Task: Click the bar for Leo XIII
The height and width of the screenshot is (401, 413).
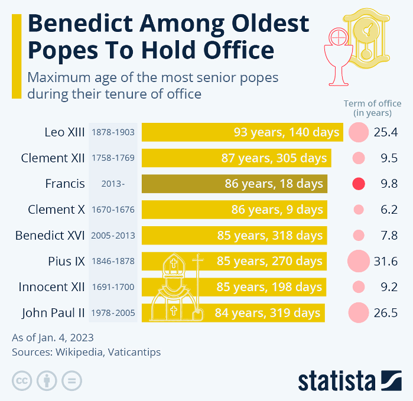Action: coord(242,132)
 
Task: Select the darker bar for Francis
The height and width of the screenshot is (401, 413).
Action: coord(234,184)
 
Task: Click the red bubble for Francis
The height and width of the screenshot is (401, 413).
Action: coord(358,184)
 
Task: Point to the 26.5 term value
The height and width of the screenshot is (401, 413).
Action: coord(385,313)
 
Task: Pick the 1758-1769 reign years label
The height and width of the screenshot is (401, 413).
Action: coord(113,158)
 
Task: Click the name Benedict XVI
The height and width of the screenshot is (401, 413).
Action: coord(50,236)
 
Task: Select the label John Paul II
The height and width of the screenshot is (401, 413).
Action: coord(53,313)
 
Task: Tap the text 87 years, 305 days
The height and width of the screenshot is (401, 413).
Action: coord(274,158)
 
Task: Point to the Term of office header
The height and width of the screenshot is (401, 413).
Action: coord(372,108)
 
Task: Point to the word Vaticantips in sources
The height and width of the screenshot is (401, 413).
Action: coord(133,353)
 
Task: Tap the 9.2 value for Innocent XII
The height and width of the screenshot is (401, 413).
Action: coord(385,287)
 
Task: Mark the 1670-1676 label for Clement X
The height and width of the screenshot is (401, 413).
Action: coord(113,210)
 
